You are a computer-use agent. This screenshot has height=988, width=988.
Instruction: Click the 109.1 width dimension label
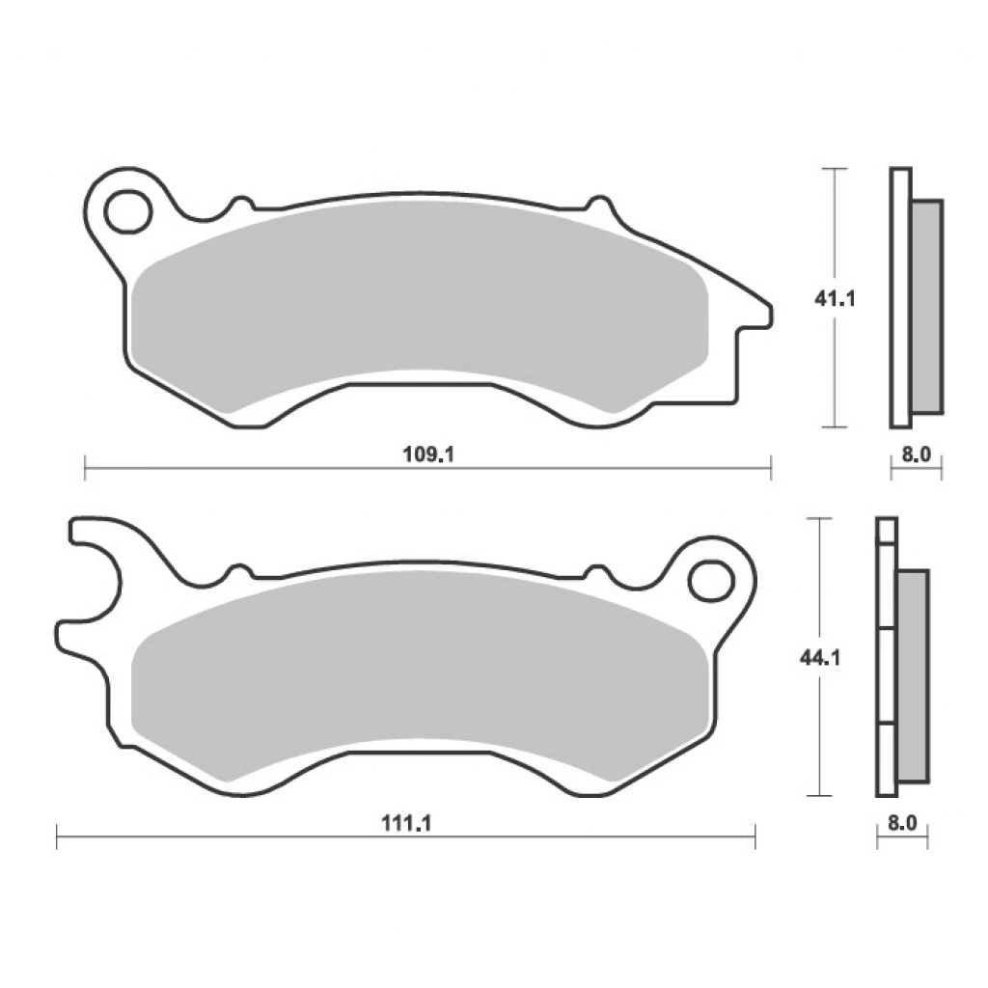[428, 453]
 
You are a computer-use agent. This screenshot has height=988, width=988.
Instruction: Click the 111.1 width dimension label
[406, 823]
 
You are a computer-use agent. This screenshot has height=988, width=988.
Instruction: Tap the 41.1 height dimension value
[835, 299]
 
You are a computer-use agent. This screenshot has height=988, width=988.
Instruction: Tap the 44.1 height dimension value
[820, 658]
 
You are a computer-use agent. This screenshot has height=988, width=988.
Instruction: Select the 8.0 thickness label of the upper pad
[917, 453]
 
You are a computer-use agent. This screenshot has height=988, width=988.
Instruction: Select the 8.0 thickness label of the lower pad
[902, 823]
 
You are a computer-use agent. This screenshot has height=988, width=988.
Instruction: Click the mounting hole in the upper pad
[129, 211]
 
